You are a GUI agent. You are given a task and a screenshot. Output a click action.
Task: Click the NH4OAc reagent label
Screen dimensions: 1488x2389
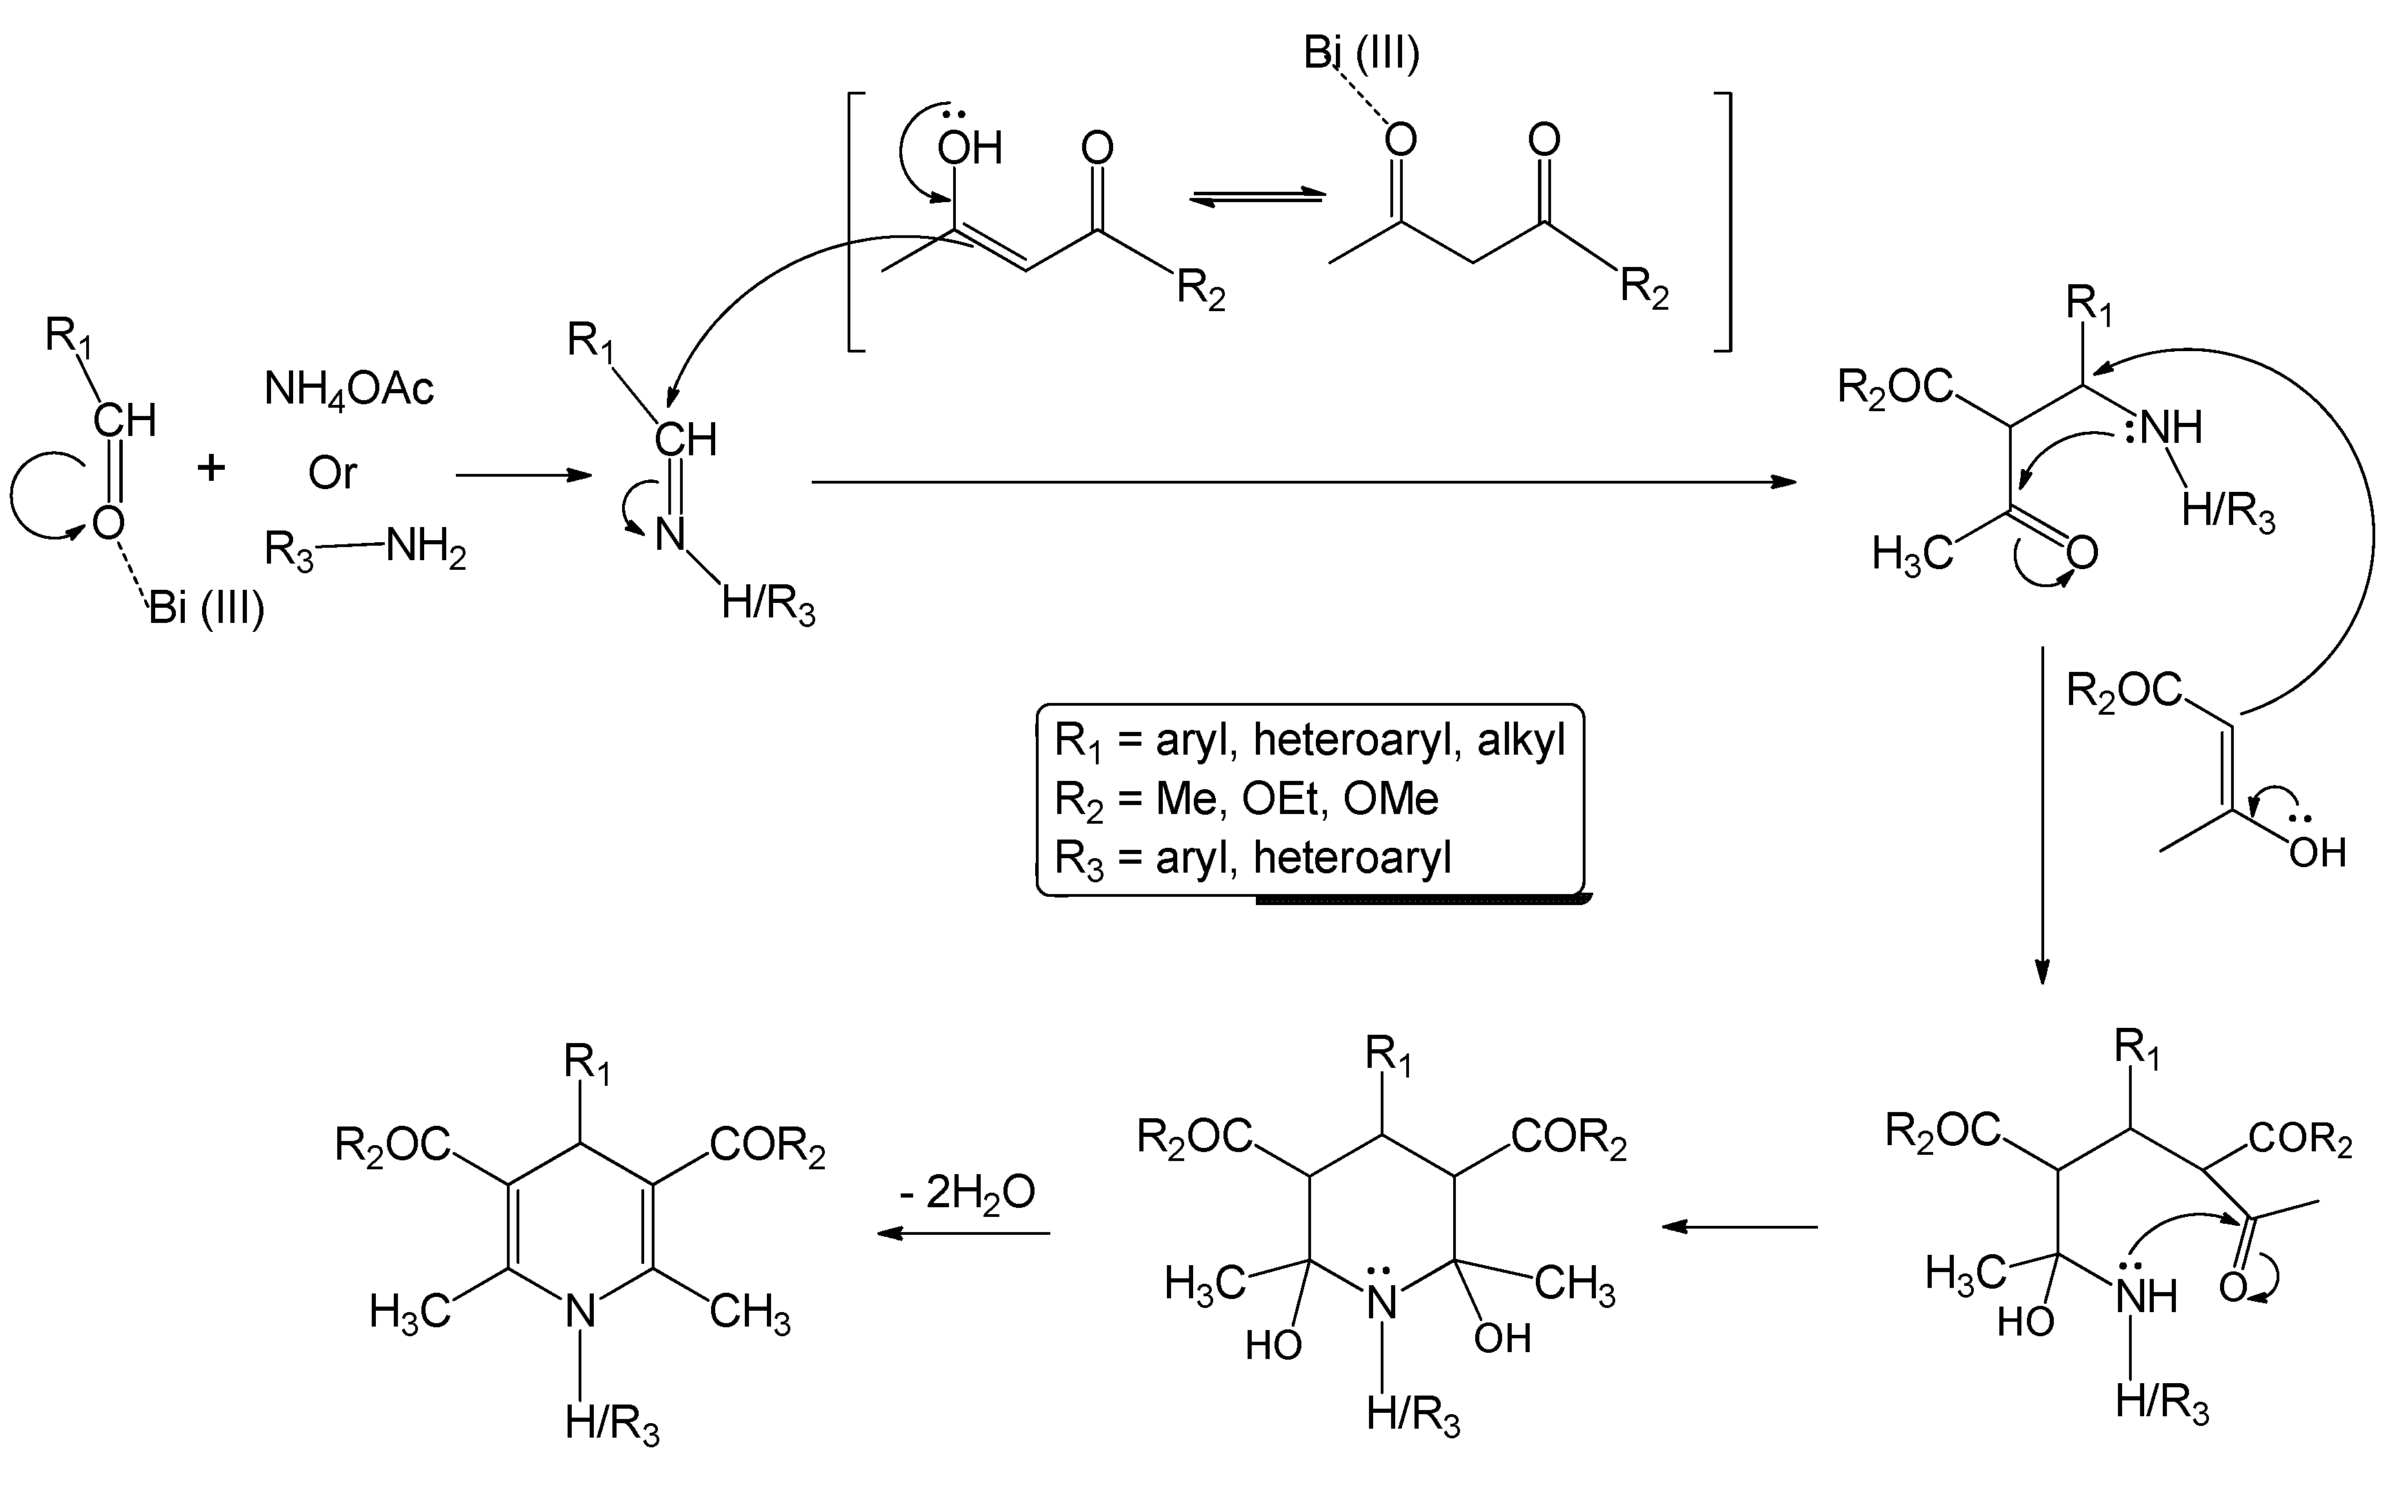tap(348, 390)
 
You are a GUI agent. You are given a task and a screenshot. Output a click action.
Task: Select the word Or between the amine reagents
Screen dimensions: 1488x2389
tap(332, 473)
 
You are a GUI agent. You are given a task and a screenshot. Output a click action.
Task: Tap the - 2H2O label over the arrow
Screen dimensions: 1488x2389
tap(966, 1193)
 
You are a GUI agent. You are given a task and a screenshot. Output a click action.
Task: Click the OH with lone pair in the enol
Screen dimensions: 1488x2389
tap(968, 148)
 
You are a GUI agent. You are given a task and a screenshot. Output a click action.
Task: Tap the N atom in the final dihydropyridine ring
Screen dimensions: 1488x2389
tap(581, 1312)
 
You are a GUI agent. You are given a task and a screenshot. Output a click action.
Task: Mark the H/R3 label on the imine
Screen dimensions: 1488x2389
tap(768, 604)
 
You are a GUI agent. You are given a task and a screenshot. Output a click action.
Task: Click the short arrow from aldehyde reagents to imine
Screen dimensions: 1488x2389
tap(523, 475)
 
